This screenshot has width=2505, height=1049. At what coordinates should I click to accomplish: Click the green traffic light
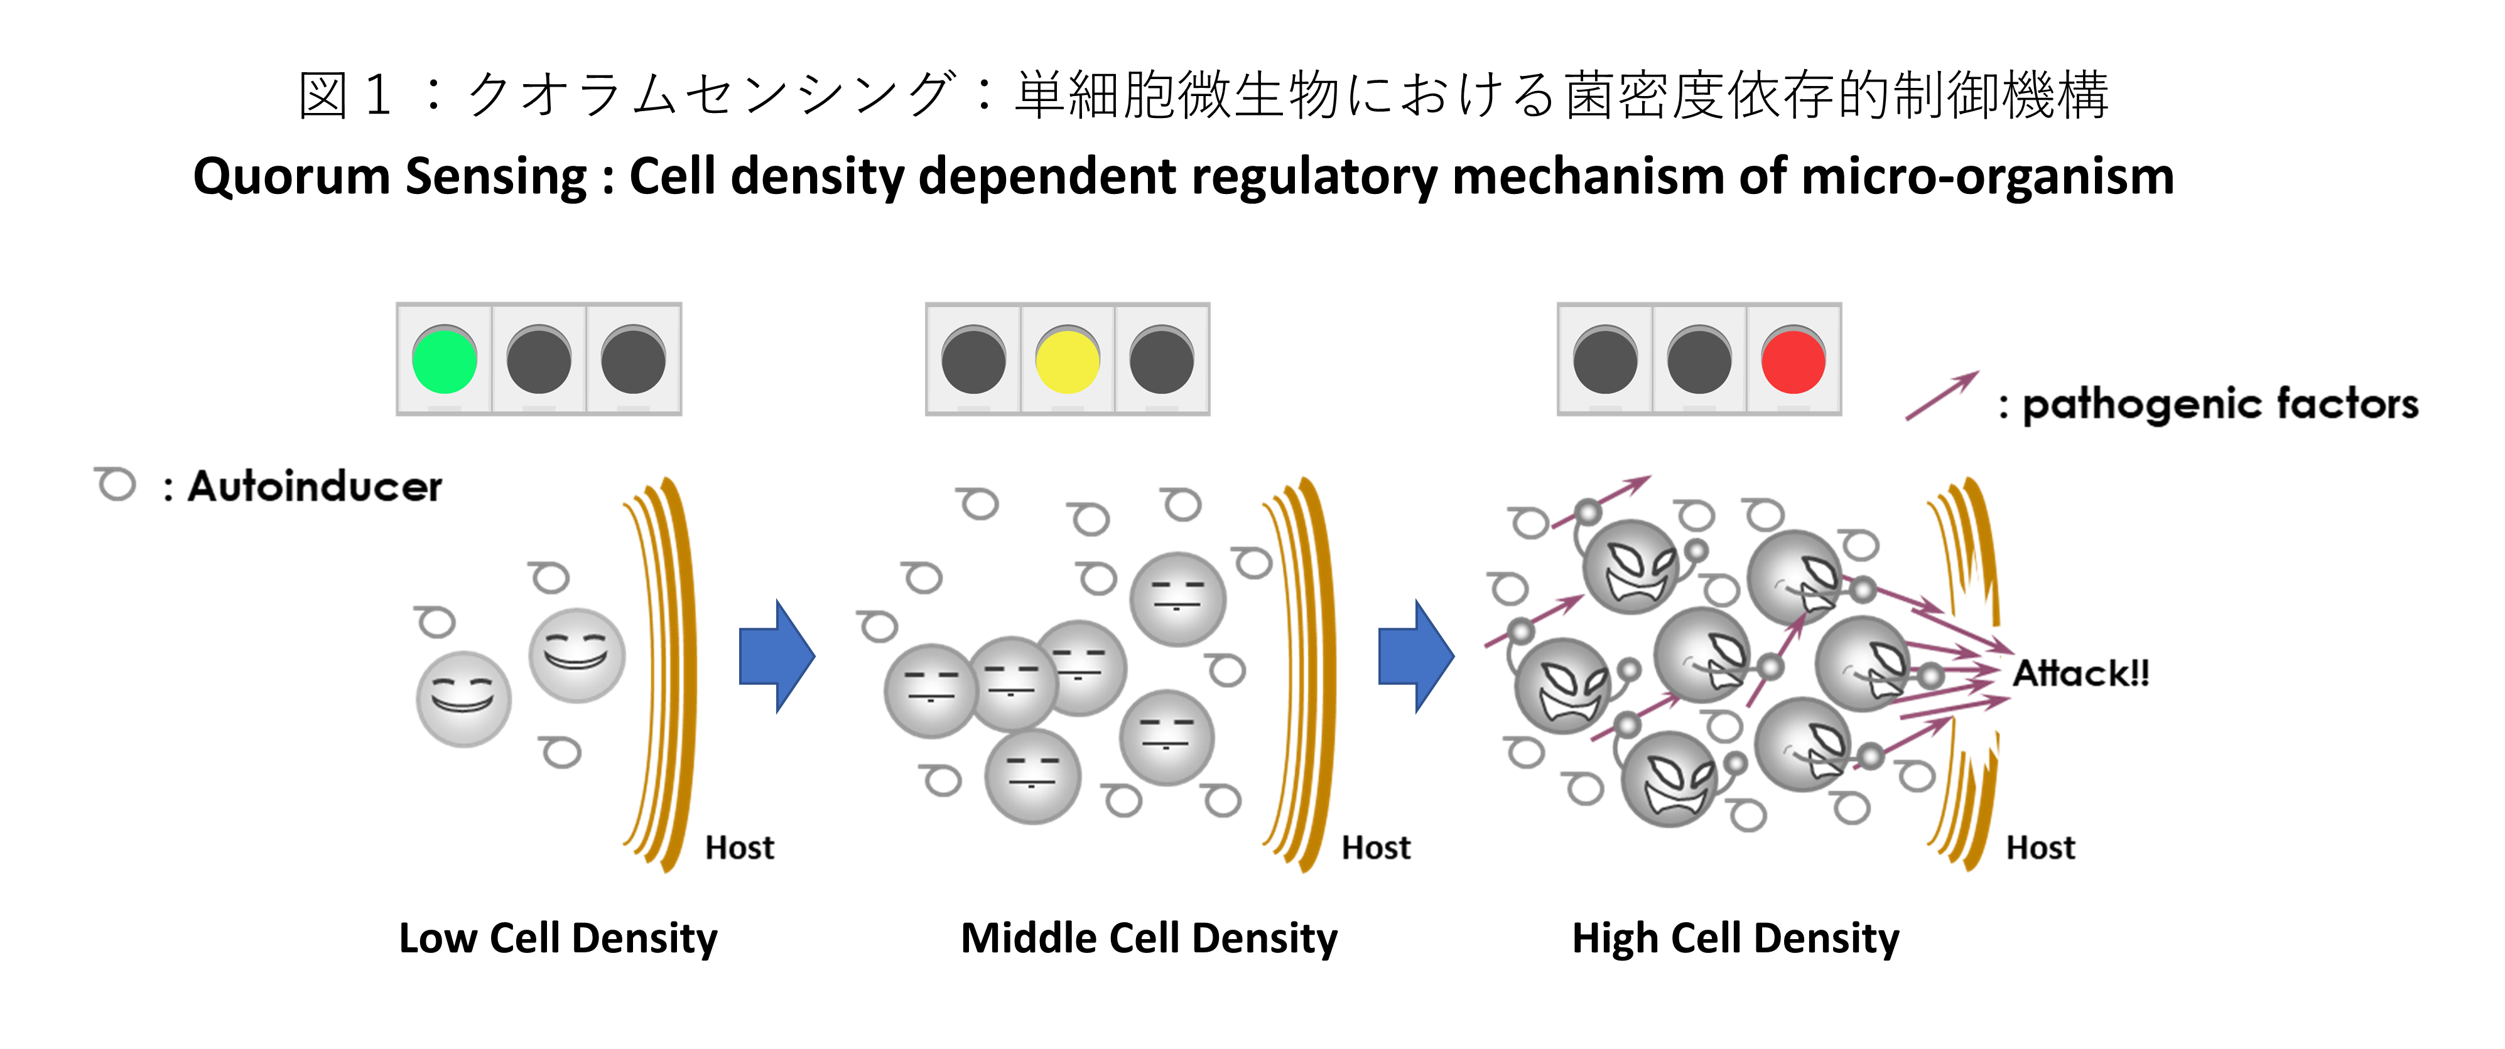coord(445,361)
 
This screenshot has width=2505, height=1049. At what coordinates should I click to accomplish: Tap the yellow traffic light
coord(1067,361)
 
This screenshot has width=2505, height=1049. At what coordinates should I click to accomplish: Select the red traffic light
coord(1793,361)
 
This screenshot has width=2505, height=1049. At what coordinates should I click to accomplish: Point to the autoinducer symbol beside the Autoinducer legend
coord(116,483)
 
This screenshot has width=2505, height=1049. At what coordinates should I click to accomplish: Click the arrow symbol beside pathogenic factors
coord(1941,397)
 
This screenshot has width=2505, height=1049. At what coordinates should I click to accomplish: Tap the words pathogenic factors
coord(2220,404)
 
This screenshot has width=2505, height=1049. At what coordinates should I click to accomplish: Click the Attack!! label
coord(2080,673)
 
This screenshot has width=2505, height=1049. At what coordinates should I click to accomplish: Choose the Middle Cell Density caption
coord(1149,938)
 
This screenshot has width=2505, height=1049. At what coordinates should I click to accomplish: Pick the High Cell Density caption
coord(1735,938)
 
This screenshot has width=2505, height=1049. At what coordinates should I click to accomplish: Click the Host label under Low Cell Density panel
coord(739,847)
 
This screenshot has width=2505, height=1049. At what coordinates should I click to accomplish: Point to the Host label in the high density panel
coord(2040,847)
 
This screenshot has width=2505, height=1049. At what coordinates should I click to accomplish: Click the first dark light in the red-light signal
coord(1604,361)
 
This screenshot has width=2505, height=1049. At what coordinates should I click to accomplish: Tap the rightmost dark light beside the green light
coord(633,361)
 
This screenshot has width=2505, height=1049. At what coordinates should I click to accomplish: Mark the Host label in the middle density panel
coord(1375,847)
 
